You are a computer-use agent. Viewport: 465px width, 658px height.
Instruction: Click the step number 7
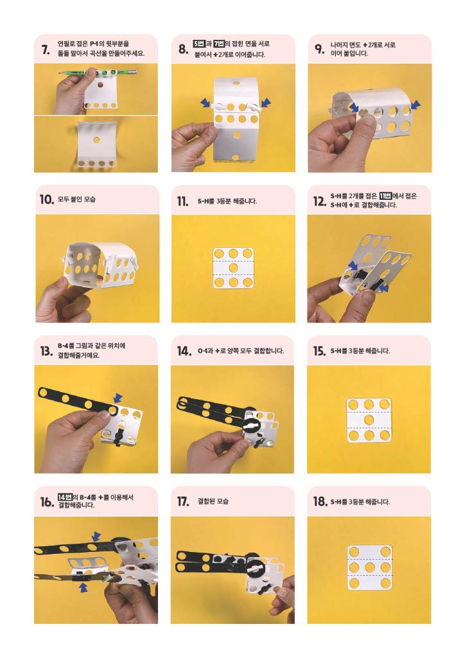[46, 49]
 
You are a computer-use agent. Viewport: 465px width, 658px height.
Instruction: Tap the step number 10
[47, 199]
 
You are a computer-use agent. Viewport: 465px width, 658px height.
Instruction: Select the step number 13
[46, 351]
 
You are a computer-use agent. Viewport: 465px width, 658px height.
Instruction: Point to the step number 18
[320, 501]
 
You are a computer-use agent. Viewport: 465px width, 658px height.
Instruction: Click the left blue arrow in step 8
[206, 102]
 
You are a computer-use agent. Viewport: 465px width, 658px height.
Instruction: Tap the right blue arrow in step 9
[416, 105]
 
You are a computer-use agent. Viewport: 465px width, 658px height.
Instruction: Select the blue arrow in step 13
[118, 398]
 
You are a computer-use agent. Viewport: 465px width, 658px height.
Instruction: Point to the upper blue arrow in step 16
[96, 537]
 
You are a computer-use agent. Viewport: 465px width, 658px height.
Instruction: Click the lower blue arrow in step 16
[84, 588]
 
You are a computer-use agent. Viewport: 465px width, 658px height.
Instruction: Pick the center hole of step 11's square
[234, 268]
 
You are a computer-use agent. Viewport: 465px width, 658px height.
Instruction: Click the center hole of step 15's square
[369, 420]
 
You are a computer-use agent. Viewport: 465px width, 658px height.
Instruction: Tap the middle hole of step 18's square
[369, 568]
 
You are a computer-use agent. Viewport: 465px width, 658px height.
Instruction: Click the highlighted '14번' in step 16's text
[65, 497]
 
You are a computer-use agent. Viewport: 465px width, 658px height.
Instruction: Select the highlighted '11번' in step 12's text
[385, 195]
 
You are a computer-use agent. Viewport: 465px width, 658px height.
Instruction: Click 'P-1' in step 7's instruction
[94, 44]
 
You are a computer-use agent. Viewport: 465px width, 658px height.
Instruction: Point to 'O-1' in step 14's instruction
[202, 350]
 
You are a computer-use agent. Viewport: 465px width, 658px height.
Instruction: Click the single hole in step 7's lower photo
[97, 139]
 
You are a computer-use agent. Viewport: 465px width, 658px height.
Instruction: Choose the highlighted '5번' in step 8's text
[198, 44]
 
